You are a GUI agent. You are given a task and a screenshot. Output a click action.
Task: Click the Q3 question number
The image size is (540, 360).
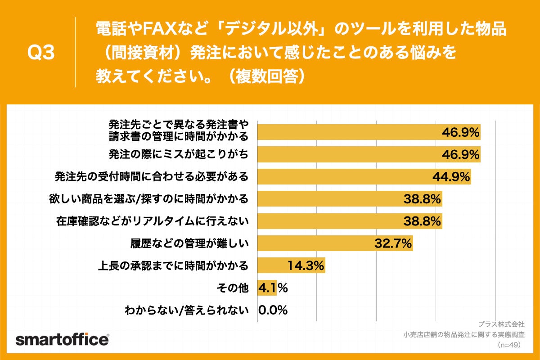[x=41, y=53]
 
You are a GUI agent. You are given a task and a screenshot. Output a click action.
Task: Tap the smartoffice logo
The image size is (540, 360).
[x=62, y=339]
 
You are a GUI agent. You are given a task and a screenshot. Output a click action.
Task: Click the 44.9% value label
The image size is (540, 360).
[x=451, y=177]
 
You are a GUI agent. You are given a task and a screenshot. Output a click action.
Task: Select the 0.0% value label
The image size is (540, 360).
[x=273, y=310]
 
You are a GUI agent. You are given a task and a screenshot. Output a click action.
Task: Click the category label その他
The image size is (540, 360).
[x=234, y=288]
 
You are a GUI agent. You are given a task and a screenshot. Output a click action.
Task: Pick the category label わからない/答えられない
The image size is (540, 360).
[x=187, y=310]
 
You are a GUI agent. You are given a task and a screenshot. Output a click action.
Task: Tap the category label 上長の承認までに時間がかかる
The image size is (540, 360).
[x=173, y=265]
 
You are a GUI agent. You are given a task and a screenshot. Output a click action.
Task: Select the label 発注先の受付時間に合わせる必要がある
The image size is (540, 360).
[x=151, y=176]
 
